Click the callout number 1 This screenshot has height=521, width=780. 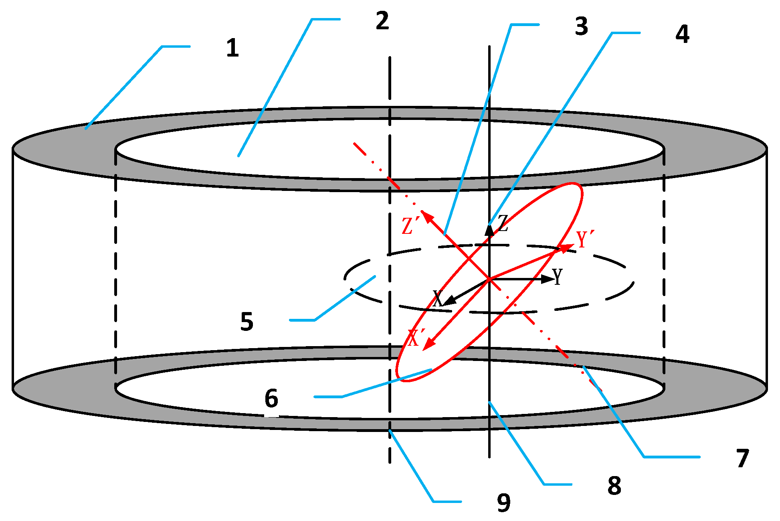(232, 49)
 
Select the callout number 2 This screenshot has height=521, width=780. (382, 21)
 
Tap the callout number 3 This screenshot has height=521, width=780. (581, 27)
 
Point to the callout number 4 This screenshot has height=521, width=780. (682, 34)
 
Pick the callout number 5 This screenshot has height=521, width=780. (247, 322)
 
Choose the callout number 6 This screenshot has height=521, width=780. (271, 398)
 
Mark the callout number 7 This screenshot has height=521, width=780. (743, 458)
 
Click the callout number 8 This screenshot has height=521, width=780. (614, 486)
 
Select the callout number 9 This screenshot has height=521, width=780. (503, 503)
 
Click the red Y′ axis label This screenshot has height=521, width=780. (585, 239)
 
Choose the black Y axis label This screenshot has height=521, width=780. (557, 276)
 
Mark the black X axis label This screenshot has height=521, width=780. (438, 298)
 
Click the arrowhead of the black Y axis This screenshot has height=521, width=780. (548, 279)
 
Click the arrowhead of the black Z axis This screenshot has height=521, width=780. (489, 230)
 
